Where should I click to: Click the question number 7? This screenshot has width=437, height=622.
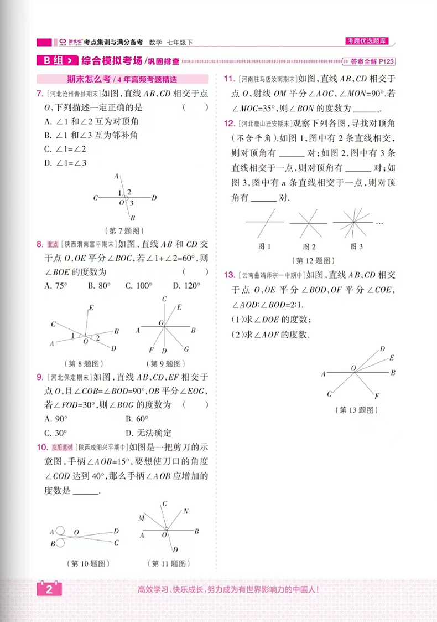(39, 92)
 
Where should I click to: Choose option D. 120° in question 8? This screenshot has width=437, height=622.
(185, 286)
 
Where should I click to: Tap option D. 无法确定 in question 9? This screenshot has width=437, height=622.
(148, 433)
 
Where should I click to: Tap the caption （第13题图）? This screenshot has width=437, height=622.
(356, 410)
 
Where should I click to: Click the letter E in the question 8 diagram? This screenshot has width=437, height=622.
(91, 307)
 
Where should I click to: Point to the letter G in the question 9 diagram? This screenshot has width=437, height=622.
(186, 349)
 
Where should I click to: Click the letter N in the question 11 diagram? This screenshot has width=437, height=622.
(186, 511)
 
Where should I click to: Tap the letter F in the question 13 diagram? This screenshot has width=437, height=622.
(376, 396)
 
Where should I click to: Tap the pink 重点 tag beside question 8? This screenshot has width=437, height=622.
(53, 244)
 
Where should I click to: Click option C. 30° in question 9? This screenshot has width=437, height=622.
(56, 433)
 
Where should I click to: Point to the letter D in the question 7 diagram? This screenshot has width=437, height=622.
(154, 197)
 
